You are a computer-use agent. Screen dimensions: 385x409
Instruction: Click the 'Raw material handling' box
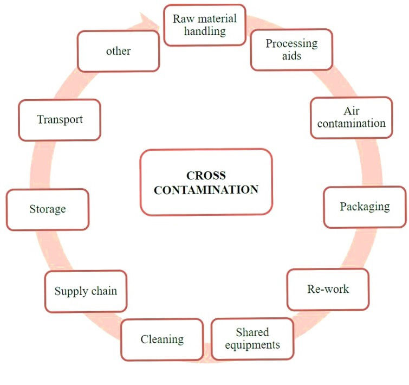(x=205, y=24)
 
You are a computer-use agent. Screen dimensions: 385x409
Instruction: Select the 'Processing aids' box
(x=291, y=50)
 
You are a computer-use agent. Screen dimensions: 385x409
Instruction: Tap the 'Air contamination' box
(x=351, y=117)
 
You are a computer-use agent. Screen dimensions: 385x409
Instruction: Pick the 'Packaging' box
(x=365, y=207)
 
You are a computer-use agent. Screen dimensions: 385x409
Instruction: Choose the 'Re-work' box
(x=328, y=289)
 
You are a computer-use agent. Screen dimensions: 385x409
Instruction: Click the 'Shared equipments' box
(x=252, y=338)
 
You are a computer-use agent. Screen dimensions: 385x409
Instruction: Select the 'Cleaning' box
(x=162, y=339)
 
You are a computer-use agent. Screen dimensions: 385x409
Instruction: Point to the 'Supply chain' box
(x=86, y=291)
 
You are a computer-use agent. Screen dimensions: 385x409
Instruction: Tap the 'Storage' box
(x=48, y=209)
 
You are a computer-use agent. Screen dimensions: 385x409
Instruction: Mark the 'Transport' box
(x=60, y=119)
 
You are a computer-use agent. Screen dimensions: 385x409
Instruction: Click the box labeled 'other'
(x=118, y=51)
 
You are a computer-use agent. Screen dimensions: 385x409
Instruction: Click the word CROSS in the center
(x=206, y=176)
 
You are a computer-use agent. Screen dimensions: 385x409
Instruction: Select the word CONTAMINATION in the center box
(x=206, y=190)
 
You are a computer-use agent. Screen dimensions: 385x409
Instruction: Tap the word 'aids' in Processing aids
(x=291, y=56)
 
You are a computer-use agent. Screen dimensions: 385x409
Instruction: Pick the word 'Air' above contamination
(x=351, y=111)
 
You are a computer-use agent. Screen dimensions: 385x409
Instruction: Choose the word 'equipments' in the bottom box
(x=252, y=345)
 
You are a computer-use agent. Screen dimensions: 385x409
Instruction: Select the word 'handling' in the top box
(x=205, y=31)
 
